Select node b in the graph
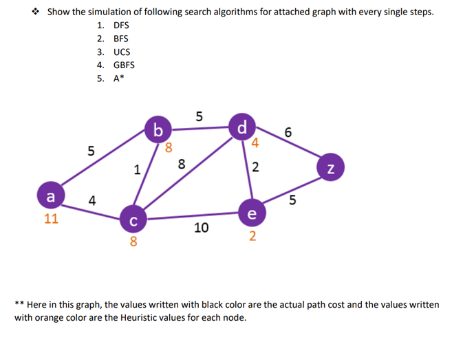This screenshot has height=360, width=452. pyautogui.click(x=159, y=129)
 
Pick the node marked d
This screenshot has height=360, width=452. pyautogui.click(x=241, y=127)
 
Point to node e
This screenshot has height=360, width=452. pyautogui.click(x=252, y=213)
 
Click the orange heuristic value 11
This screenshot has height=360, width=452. pyautogui.click(x=51, y=219)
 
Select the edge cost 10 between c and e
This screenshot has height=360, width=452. pyautogui.click(x=201, y=228)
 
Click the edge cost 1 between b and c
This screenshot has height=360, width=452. pyautogui.click(x=138, y=169)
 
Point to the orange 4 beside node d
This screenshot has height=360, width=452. pyautogui.click(x=255, y=144)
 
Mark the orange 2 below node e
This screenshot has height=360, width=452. pyautogui.click(x=252, y=237)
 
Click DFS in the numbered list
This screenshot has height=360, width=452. pyautogui.click(x=121, y=25)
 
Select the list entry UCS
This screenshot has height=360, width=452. pyautogui.click(x=122, y=52)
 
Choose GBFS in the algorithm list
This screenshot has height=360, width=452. pyautogui.click(x=124, y=65)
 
